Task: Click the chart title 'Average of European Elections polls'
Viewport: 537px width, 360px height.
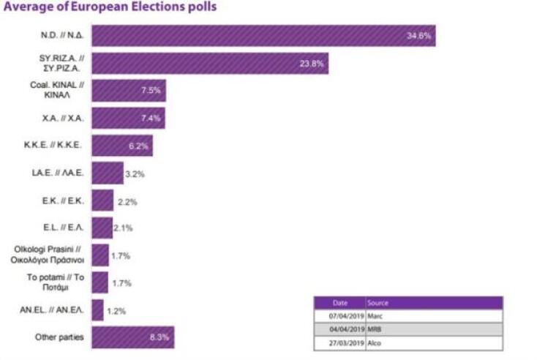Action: tap(110, 7)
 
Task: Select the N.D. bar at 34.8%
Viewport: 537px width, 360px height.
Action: tap(263, 35)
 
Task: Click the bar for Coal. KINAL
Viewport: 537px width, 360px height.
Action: tap(129, 90)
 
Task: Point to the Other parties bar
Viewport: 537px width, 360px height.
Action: tap(132, 337)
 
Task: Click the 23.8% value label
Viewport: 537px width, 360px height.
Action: tap(312, 63)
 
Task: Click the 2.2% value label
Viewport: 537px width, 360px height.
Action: tap(127, 201)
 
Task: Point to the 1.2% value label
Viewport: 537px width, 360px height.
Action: tap(116, 310)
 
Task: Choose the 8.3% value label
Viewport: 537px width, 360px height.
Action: tap(159, 337)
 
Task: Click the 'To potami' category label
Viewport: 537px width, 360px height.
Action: tap(56, 282)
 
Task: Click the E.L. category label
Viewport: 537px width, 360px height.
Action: tap(63, 228)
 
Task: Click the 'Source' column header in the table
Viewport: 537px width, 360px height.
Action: tap(379, 303)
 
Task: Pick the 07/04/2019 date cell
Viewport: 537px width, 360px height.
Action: tap(341, 316)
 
